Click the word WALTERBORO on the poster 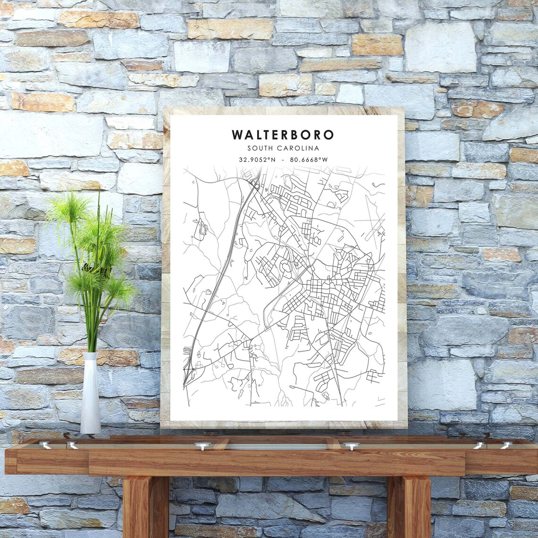point(283,134)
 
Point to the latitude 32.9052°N point(257,160)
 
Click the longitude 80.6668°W point(309,160)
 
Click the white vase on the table point(90,396)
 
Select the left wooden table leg point(145,507)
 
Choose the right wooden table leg point(409,507)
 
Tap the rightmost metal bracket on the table point(506,445)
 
